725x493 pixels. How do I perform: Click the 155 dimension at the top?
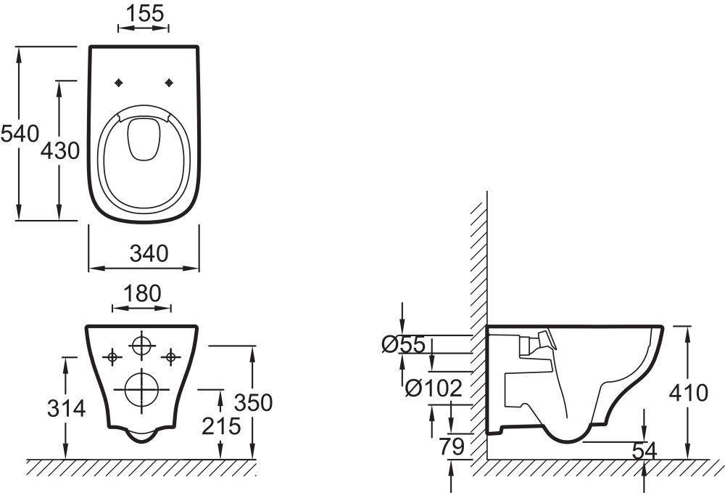(144, 12)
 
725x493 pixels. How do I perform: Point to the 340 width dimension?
(149, 253)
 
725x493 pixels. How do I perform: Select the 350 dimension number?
(253, 402)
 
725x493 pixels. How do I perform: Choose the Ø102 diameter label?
(433, 388)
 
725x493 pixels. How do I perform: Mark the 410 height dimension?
(688, 394)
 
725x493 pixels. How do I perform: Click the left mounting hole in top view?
(118, 83)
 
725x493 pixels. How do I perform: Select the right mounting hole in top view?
(170, 83)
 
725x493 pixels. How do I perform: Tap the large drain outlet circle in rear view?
(141, 388)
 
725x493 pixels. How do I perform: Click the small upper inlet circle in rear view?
(141, 344)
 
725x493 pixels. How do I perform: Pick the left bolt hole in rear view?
(112, 356)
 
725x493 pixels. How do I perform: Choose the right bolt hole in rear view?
(171, 356)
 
